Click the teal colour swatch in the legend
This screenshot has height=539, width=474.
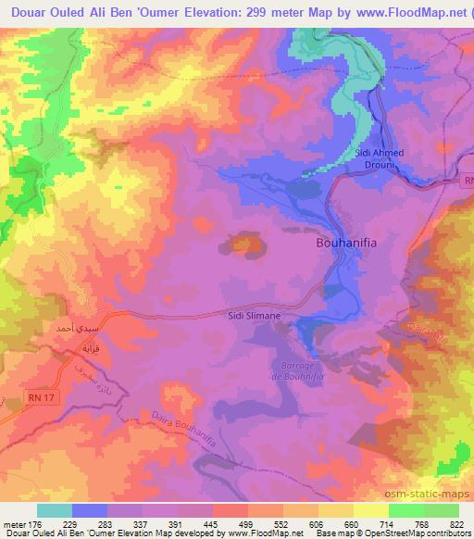click(x=55, y=510)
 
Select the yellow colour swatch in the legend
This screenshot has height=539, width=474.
click(x=371, y=510)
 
